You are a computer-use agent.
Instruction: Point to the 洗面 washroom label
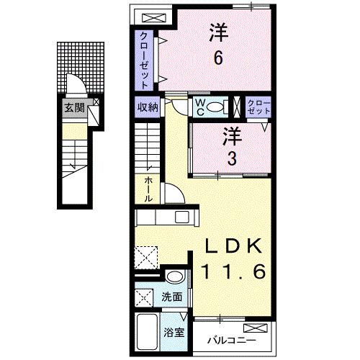(x=171, y=296)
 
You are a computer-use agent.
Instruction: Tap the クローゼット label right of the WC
(x=258, y=108)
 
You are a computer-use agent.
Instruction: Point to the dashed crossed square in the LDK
(x=147, y=257)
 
